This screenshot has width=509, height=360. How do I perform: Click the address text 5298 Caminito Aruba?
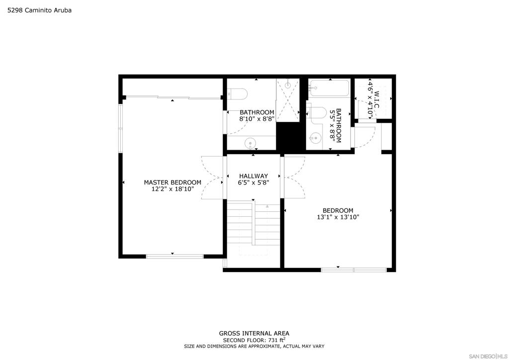pos(40,10)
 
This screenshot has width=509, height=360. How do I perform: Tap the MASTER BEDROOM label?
pos(172,182)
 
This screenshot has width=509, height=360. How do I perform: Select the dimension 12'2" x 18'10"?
pos(172,189)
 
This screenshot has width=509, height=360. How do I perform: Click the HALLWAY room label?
pos(254,176)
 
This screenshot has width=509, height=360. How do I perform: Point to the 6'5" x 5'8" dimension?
pos(254,182)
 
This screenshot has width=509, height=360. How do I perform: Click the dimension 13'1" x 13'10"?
pos(338,217)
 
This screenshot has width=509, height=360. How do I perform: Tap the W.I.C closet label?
pos(377,99)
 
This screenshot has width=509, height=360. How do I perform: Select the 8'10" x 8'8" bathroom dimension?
pos(257,119)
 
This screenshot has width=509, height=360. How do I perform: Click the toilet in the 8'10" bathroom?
pos(238,94)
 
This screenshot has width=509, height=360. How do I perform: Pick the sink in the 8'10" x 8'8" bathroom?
pos(251,143)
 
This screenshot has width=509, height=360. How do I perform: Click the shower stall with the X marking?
pos(288,100)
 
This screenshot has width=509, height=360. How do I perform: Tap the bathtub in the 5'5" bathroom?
pos(329,89)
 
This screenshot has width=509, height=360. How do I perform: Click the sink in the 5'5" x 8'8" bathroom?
pos(315,138)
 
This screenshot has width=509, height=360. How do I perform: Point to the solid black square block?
pos(291,136)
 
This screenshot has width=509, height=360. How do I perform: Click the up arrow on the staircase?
pos(267,206)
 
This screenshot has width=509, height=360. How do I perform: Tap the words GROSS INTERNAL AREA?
pos(254,333)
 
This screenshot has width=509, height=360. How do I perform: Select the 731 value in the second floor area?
pos(272,341)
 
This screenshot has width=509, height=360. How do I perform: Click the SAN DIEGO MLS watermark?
pos(488,356)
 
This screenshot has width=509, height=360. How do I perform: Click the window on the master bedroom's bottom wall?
pos(174,257)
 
